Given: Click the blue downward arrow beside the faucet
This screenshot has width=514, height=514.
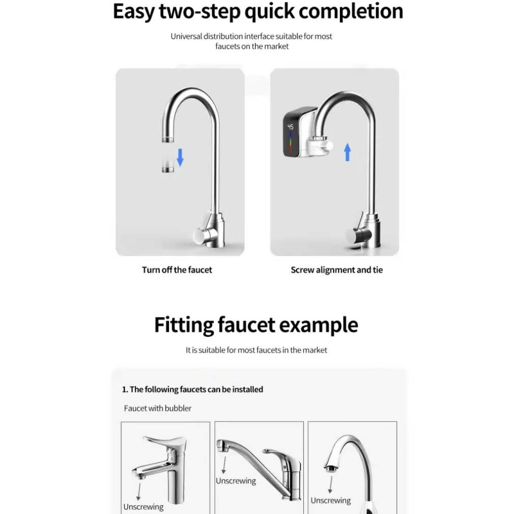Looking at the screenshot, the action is pyautogui.click(x=180, y=157).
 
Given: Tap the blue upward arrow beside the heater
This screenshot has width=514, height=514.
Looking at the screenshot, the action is pyautogui.click(x=348, y=152).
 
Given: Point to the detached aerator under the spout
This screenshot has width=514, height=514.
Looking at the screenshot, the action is pyautogui.click(x=168, y=165).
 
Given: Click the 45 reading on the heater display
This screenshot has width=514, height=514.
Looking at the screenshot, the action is pyautogui.click(x=291, y=127).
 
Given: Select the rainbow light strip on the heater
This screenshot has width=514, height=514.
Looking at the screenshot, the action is pyautogui.click(x=291, y=141).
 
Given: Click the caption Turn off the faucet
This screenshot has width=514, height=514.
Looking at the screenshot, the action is pyautogui.click(x=177, y=270).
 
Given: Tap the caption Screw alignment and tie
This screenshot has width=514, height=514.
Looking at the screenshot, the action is pyautogui.click(x=337, y=270).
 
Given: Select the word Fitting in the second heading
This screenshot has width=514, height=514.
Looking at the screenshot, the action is pyautogui.click(x=184, y=325).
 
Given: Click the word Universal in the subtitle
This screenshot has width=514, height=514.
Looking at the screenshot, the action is pyautogui.click(x=186, y=36).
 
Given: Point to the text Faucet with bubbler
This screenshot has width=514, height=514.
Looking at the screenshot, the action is pyautogui.click(x=158, y=408).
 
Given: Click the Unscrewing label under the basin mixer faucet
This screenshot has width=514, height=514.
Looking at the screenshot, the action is pyautogui.click(x=143, y=507).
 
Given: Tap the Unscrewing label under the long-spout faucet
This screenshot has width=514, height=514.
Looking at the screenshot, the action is pyautogui.click(x=236, y=481).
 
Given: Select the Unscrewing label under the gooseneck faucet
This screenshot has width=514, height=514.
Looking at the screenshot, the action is pyautogui.click(x=331, y=501).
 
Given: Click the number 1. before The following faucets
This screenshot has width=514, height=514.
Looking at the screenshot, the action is pyautogui.click(x=125, y=389).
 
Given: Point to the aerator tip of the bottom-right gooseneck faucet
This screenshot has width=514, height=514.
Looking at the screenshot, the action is pyautogui.click(x=331, y=469).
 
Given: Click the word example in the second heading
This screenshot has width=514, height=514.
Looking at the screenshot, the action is pyautogui.click(x=319, y=325).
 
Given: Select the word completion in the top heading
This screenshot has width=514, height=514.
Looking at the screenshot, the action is pyautogui.click(x=351, y=12).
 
